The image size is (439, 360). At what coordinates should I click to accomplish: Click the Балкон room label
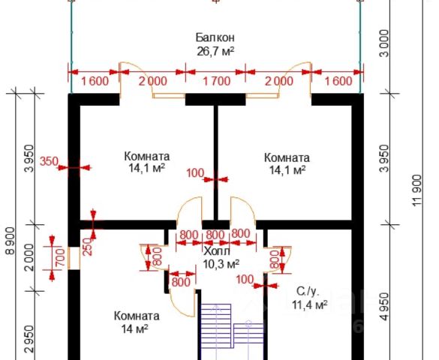pyautogui.click(x=215, y=37)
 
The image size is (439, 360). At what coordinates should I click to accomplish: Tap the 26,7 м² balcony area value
pyautogui.click(x=215, y=52)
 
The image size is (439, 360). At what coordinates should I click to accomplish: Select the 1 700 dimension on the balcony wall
pyautogui.click(x=216, y=81)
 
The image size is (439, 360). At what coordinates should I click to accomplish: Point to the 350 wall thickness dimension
pyautogui.click(x=49, y=161)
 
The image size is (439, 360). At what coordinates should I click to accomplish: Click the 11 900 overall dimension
pyautogui.click(x=417, y=190)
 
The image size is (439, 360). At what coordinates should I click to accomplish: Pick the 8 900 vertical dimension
pyautogui.click(x=11, y=241)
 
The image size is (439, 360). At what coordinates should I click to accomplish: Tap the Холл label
pyautogui.click(x=217, y=251)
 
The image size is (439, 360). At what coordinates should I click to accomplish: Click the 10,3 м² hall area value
pyautogui.click(x=221, y=263)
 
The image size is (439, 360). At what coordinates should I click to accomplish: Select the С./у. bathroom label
pyautogui.click(x=308, y=292)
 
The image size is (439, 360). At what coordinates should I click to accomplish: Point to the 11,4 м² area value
pyautogui.click(x=310, y=304)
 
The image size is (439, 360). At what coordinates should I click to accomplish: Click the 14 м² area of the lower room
pyautogui.click(x=134, y=328)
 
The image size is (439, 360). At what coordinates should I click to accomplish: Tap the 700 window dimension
pyautogui.click(x=61, y=257)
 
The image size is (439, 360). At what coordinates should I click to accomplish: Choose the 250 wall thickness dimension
pyautogui.click(x=88, y=247)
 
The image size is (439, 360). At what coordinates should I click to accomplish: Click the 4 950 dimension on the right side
pyautogui.click(x=386, y=307)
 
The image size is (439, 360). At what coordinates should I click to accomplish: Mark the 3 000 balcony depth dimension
pyautogui.click(x=384, y=43)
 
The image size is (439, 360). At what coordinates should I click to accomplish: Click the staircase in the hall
pyautogui.click(x=232, y=325)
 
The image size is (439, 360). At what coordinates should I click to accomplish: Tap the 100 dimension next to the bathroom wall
pyautogui.click(x=245, y=279)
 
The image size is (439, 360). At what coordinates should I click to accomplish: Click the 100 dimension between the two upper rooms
pyautogui.click(x=195, y=173)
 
